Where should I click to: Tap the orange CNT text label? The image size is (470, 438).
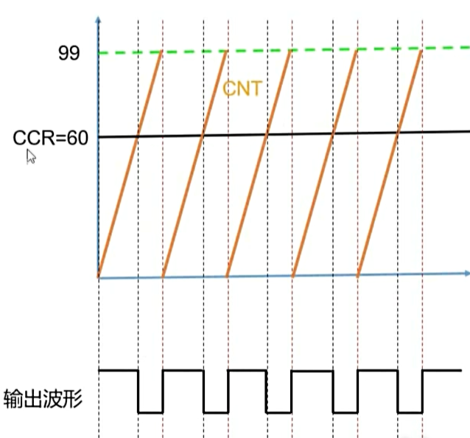pos(242,90)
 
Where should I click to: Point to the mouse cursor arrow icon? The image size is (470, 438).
pos(31,156)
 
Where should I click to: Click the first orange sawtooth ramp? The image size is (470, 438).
pos(130,164)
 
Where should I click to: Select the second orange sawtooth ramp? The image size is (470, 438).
pos(194,164)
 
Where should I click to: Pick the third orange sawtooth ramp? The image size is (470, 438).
pos(259,164)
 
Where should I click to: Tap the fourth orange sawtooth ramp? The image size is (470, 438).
pos(325,164)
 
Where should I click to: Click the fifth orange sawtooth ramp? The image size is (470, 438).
pos(390,164)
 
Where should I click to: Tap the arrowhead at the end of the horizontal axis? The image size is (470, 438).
pos(466,274)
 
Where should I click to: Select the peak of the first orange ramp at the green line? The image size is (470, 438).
pos(161,52)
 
